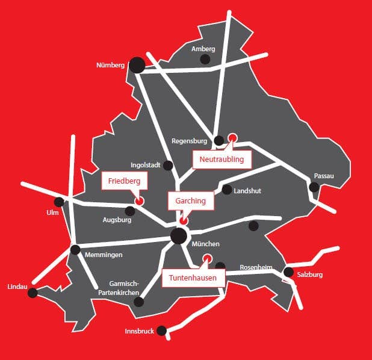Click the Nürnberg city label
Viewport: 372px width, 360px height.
110,65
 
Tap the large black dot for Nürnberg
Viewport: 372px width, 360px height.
137,65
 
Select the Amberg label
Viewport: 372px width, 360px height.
203,49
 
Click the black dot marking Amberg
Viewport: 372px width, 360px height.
205,59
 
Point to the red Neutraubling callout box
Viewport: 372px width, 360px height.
222,160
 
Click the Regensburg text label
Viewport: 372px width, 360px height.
190,141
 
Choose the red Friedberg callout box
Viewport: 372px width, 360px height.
124,181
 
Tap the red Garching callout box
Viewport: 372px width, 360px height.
190,201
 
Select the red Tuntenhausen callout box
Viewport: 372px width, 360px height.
193,278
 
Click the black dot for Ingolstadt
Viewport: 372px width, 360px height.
168,165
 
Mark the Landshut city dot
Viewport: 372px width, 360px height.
227,190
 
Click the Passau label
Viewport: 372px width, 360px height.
324,176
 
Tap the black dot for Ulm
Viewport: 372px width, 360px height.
59,202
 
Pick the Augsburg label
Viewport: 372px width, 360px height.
117,220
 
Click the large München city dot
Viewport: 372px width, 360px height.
178,236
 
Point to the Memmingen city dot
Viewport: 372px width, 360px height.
75,249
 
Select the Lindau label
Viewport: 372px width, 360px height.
17,287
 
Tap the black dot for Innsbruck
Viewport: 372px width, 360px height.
161,330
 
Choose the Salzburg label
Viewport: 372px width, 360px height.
310,275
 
